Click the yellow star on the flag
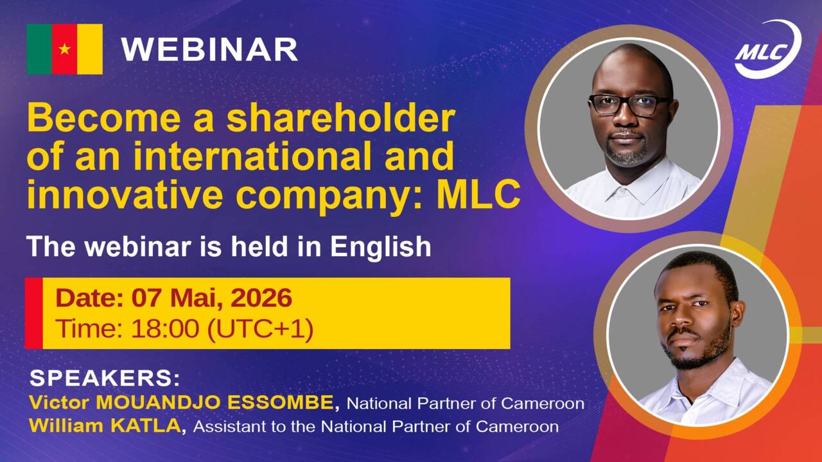[x=64, y=49]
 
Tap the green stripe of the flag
[x=39, y=49]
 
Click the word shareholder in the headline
[x=341, y=119]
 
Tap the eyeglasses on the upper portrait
[x=629, y=104]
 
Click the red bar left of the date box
[x=34, y=313]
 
